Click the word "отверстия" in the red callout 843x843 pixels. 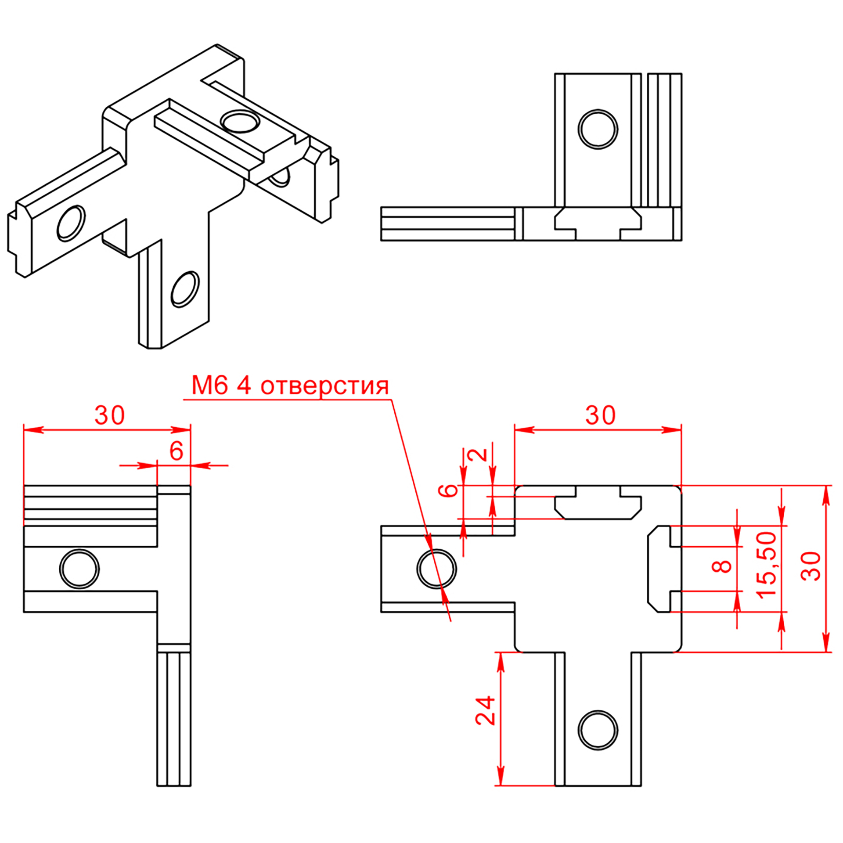(324, 386)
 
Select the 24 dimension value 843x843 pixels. (485, 710)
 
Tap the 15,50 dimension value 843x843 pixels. (767, 565)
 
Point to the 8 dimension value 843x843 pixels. (723, 566)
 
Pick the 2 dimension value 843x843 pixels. (481, 455)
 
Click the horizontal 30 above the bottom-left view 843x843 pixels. (109, 415)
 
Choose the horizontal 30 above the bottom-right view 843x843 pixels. (600, 415)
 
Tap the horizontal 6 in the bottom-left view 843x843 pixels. (176, 451)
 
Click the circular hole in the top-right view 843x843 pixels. (598, 129)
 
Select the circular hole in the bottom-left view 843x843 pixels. (79, 569)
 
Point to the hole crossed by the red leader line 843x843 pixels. (436, 569)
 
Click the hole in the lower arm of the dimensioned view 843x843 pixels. (598, 730)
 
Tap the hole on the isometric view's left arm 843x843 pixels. (71, 223)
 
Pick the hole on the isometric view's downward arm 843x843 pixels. (185, 289)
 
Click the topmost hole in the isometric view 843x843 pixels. (239, 121)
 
